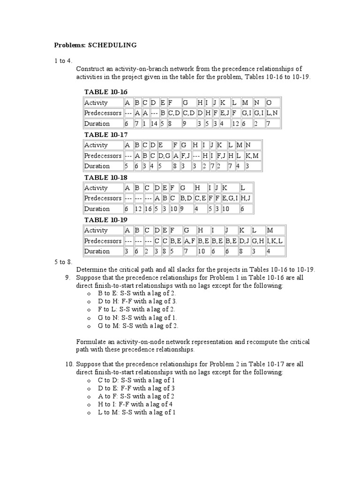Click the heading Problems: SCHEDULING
tap(95, 45)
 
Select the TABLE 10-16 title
tap(105, 92)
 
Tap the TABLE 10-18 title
tap(105, 177)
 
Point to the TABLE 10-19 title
tap(105, 219)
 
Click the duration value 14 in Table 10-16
tap(154, 124)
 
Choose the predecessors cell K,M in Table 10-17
tap(252, 156)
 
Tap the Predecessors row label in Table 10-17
tap(103, 156)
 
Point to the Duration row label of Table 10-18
tap(97, 209)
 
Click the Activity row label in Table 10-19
tap(96, 230)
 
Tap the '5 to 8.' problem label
tap(63, 262)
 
